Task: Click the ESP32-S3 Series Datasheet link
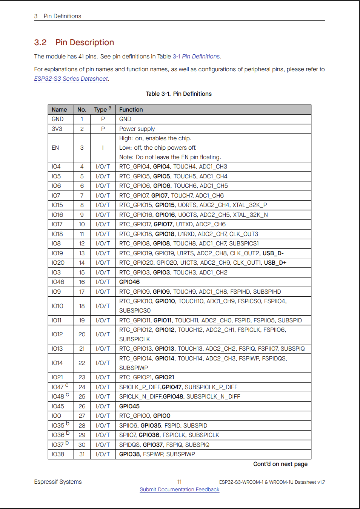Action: (71, 79)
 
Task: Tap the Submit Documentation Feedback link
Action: (179, 489)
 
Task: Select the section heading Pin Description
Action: (85, 43)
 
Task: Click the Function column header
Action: (131, 110)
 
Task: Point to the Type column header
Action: (101, 110)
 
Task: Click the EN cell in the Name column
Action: (55, 148)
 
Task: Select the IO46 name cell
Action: (58, 282)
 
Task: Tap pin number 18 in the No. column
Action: (82, 306)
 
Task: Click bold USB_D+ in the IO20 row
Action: (275, 263)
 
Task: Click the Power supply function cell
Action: (137, 129)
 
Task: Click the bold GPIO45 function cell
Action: (129, 406)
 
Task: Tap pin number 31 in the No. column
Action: (82, 454)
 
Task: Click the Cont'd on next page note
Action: (280, 464)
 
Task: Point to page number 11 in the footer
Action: (180, 482)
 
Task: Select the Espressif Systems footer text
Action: (58, 482)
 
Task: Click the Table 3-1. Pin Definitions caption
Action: (179, 94)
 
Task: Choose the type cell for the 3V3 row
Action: (103, 129)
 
